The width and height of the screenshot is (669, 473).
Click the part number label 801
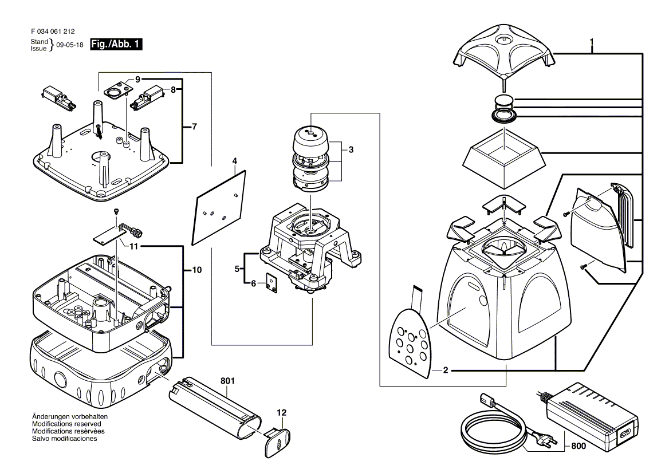point(227,380)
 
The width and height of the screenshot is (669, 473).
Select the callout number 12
point(282,412)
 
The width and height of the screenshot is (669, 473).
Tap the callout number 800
point(578,446)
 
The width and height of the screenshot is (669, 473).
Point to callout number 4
point(235,161)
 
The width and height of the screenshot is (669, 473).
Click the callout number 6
point(253,283)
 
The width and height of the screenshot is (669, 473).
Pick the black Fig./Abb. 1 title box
point(116,44)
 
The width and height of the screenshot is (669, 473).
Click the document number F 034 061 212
point(53,31)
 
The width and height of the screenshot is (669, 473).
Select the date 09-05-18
point(69,45)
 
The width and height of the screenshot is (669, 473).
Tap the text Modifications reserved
point(66,424)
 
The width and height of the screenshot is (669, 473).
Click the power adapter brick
point(593,412)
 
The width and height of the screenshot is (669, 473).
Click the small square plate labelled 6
point(271,283)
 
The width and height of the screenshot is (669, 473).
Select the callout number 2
point(446,370)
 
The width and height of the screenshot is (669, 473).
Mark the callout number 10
point(196,270)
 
